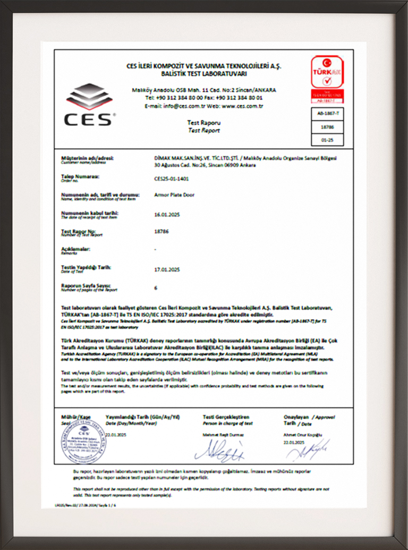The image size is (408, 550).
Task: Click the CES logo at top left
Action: click(x=90, y=104)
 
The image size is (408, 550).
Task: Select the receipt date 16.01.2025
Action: click(x=166, y=214)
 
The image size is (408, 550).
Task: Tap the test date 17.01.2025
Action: click(x=166, y=269)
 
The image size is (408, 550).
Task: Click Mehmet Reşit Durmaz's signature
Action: click(x=219, y=452)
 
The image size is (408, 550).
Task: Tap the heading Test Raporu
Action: click(x=203, y=122)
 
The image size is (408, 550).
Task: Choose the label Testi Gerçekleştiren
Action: click(x=226, y=417)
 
